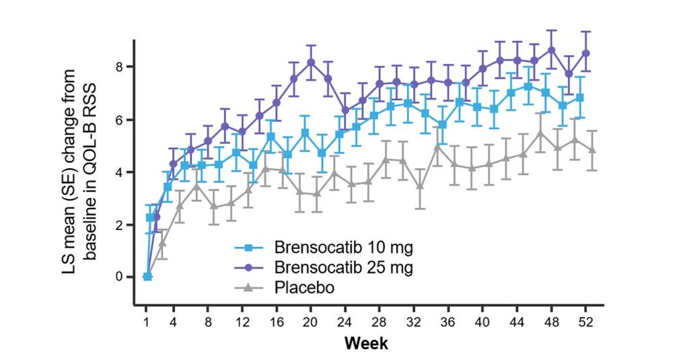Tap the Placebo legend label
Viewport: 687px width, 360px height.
305,287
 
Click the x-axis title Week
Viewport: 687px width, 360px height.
366,343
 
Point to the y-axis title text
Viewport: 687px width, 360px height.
79,169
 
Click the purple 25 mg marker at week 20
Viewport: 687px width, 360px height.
311,62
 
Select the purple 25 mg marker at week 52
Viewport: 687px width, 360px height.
586,53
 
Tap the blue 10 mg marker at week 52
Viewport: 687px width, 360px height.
579,98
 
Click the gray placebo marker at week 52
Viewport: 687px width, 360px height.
592,150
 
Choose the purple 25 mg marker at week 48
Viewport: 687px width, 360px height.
552,50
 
